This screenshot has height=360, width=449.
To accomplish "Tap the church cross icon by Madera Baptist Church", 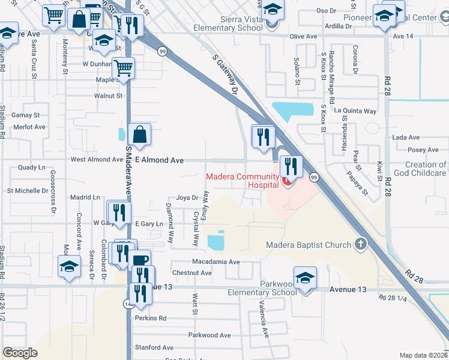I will tap(360, 244).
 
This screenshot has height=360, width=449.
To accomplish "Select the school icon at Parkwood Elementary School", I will tap(306, 278).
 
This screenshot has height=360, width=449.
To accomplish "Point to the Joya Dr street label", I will tap(187, 197).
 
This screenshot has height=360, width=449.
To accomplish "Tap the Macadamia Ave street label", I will tap(215, 262).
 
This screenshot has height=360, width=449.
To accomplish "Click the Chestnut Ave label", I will tap(192, 273).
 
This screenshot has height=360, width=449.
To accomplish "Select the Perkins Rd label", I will tap(151, 318).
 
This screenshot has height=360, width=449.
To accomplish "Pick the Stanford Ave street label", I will tap(154, 347).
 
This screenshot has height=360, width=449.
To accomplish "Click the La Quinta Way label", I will tap(355, 111).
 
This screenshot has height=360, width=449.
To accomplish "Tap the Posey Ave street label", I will tap(423, 151).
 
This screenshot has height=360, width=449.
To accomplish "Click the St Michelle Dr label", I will tap(27, 191).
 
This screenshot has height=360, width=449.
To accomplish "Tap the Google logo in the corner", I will tap(20, 353).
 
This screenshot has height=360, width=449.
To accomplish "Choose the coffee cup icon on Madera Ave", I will tap(140, 261).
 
